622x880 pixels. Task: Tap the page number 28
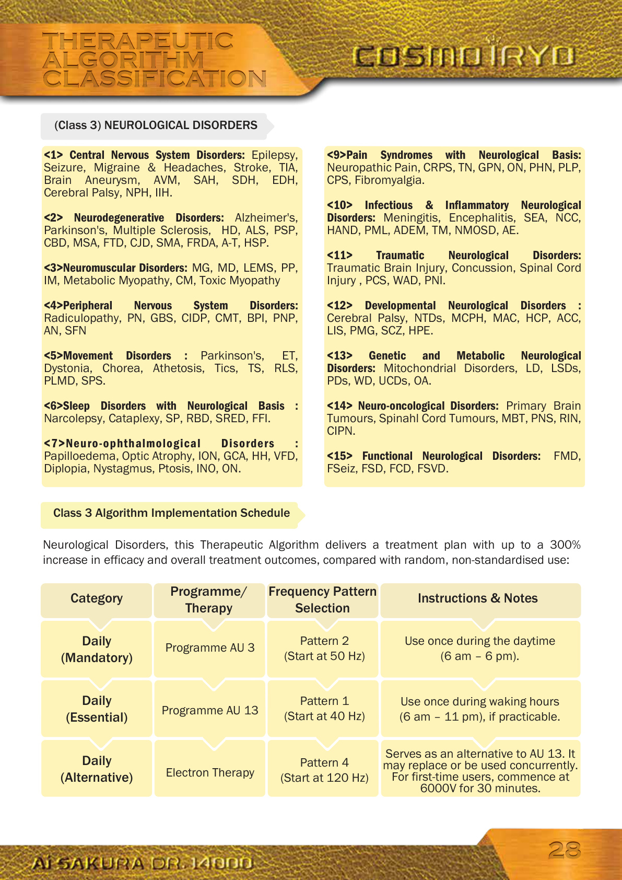(564, 850)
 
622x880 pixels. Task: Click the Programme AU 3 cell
(210, 648)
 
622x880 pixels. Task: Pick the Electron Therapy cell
(210, 772)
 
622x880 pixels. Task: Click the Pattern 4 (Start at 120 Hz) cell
(324, 770)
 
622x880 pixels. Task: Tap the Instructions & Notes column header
(477, 598)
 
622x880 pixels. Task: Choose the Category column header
(97, 598)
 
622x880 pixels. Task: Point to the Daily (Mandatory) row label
(97, 649)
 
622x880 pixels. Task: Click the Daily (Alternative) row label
(97, 769)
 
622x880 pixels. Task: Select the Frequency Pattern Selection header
(322, 600)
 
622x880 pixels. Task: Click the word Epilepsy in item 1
(274, 155)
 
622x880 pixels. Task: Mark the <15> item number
(339, 456)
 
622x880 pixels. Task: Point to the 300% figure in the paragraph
(565, 545)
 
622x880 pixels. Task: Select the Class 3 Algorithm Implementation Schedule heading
(171, 513)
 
